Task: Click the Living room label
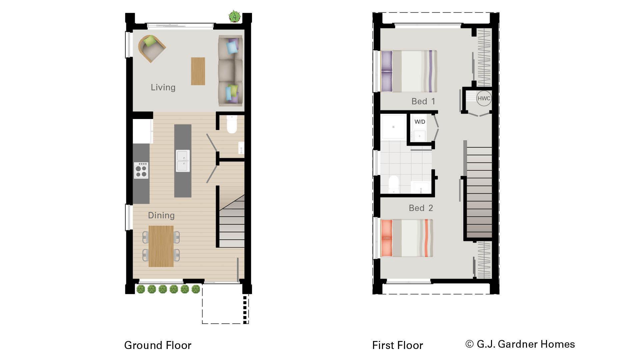163,87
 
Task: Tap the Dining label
161,215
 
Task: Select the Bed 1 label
423,101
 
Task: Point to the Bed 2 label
421,208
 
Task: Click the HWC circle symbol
484,98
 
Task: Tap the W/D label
420,122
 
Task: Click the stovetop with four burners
141,170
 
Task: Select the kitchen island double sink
183,161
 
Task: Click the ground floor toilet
232,124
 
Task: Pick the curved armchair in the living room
152,48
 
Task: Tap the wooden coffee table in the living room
198,71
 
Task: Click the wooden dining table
161,246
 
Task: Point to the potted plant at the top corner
235,16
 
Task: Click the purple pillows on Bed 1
387,71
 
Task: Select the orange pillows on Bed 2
387,238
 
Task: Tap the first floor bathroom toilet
394,184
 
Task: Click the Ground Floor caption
158,345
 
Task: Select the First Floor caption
397,345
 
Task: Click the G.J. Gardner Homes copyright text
520,344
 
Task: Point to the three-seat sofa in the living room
230,71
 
